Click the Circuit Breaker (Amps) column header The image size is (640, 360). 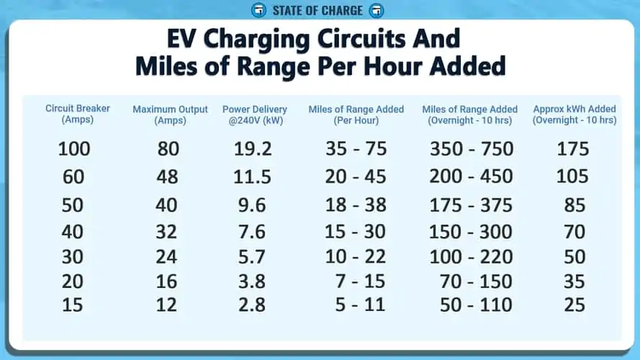(78, 114)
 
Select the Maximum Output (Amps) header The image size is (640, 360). (170, 114)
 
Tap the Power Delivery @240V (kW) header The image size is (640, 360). (255, 114)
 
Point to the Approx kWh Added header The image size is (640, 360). (574, 114)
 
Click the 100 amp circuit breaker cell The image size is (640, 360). (74, 148)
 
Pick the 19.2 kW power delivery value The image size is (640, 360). (253, 148)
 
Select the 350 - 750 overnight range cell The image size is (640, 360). (472, 148)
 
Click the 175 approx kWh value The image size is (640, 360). (573, 148)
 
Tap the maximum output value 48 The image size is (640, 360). (167, 176)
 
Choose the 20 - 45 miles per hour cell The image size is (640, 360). (356, 176)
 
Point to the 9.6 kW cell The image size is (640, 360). (252, 205)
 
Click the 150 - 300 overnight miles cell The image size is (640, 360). (471, 231)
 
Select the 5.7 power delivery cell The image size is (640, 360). (252, 257)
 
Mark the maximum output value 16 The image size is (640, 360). (166, 282)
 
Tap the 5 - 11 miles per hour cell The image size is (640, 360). (360, 305)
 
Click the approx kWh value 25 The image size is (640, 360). (574, 305)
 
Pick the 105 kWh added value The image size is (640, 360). (572, 176)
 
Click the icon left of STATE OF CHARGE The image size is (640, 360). (258, 10)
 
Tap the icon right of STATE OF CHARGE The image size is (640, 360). (377, 10)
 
